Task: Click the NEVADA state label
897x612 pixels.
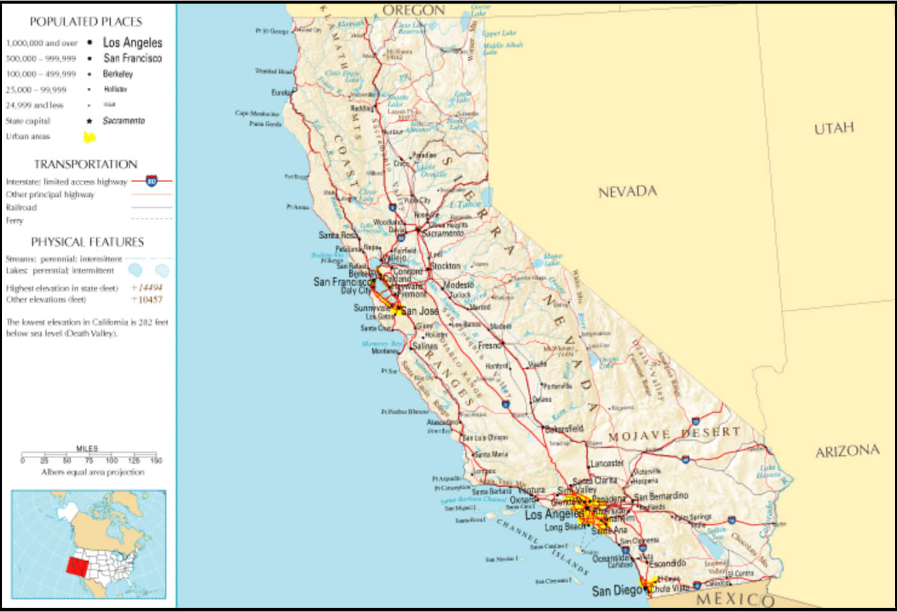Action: coord(627,192)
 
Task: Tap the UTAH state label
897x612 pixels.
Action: coord(833,128)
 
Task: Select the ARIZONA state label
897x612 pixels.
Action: coord(847,452)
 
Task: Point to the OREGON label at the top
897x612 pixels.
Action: coord(414,10)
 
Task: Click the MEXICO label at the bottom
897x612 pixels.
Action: coord(735,599)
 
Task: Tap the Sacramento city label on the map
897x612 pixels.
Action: coord(443,233)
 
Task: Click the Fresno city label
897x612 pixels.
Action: coord(490,345)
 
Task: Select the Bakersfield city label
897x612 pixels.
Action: coord(564,429)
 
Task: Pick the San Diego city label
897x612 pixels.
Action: coord(616,590)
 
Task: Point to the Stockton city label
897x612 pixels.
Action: coord(446,266)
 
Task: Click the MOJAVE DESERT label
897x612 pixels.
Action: coord(674,434)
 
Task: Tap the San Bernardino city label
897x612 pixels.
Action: coord(661,496)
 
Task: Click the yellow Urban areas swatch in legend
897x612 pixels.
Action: coord(90,137)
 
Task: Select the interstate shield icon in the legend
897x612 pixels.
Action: coord(151,181)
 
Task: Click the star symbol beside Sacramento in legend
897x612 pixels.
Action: coord(90,121)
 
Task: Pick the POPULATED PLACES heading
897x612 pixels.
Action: coord(86,22)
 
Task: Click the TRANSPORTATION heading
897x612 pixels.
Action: coord(86,164)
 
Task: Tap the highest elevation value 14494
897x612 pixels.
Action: coord(149,288)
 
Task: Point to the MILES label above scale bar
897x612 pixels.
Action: coord(87,449)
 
